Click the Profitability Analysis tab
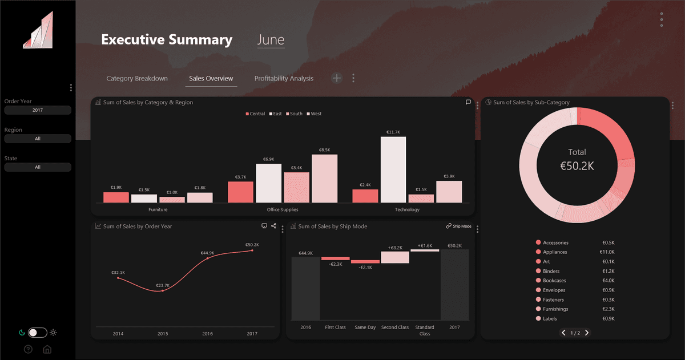pyautogui.click(x=284, y=78)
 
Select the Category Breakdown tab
pyautogui.click(x=137, y=78)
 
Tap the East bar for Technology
pyautogui.click(x=393, y=169)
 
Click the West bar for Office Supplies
pyautogui.click(x=324, y=179)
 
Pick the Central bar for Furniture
pyautogui.click(x=116, y=197)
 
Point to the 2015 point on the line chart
pyautogui.click(x=163, y=291)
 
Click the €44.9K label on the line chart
pyautogui.click(x=207, y=253)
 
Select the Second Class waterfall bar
pyautogui.click(x=395, y=257)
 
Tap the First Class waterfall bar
pyautogui.click(x=335, y=258)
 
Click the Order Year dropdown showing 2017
pyautogui.click(x=38, y=110)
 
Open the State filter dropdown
pyautogui.click(x=38, y=167)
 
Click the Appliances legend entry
pyautogui.click(x=555, y=252)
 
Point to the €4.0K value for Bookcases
pyautogui.click(x=608, y=281)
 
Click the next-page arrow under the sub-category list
pyautogui.click(x=586, y=333)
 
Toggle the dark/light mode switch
pyautogui.click(x=38, y=333)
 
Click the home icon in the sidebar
pyautogui.click(x=47, y=349)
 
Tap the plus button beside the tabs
pyautogui.click(x=337, y=78)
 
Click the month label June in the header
pyautogui.click(x=271, y=40)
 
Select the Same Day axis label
pyautogui.click(x=365, y=327)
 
